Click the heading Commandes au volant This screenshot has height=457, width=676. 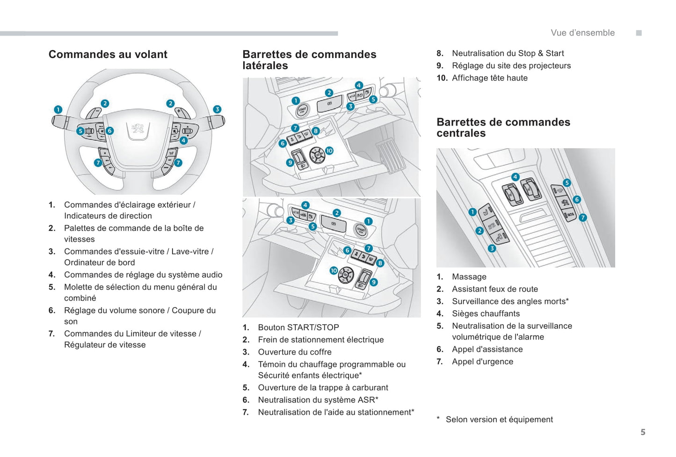[x=108, y=55]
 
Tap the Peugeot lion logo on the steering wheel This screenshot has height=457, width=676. [x=138, y=129]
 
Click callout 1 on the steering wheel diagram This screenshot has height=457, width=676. [x=58, y=109]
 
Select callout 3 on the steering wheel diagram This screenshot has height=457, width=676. [x=217, y=109]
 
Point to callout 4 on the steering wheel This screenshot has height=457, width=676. [x=184, y=140]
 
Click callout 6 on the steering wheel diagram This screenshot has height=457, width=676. [x=109, y=131]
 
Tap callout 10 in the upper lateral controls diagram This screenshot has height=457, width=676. [x=329, y=151]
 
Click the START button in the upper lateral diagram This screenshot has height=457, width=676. [x=302, y=111]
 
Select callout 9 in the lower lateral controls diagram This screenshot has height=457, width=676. [x=374, y=282]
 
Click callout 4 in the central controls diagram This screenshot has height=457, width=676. [x=515, y=177]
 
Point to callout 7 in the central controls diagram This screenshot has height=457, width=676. [x=583, y=218]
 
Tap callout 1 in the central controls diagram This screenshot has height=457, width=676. [x=472, y=212]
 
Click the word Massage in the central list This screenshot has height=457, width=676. [x=469, y=277]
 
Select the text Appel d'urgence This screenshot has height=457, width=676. [x=482, y=362]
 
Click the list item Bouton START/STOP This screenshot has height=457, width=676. [x=298, y=327]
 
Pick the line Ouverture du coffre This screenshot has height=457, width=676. [x=294, y=352]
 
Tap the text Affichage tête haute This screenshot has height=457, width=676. [x=489, y=78]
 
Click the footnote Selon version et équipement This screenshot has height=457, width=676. [x=499, y=420]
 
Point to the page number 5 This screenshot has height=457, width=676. [x=643, y=432]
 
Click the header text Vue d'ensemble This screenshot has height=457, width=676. [x=582, y=33]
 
